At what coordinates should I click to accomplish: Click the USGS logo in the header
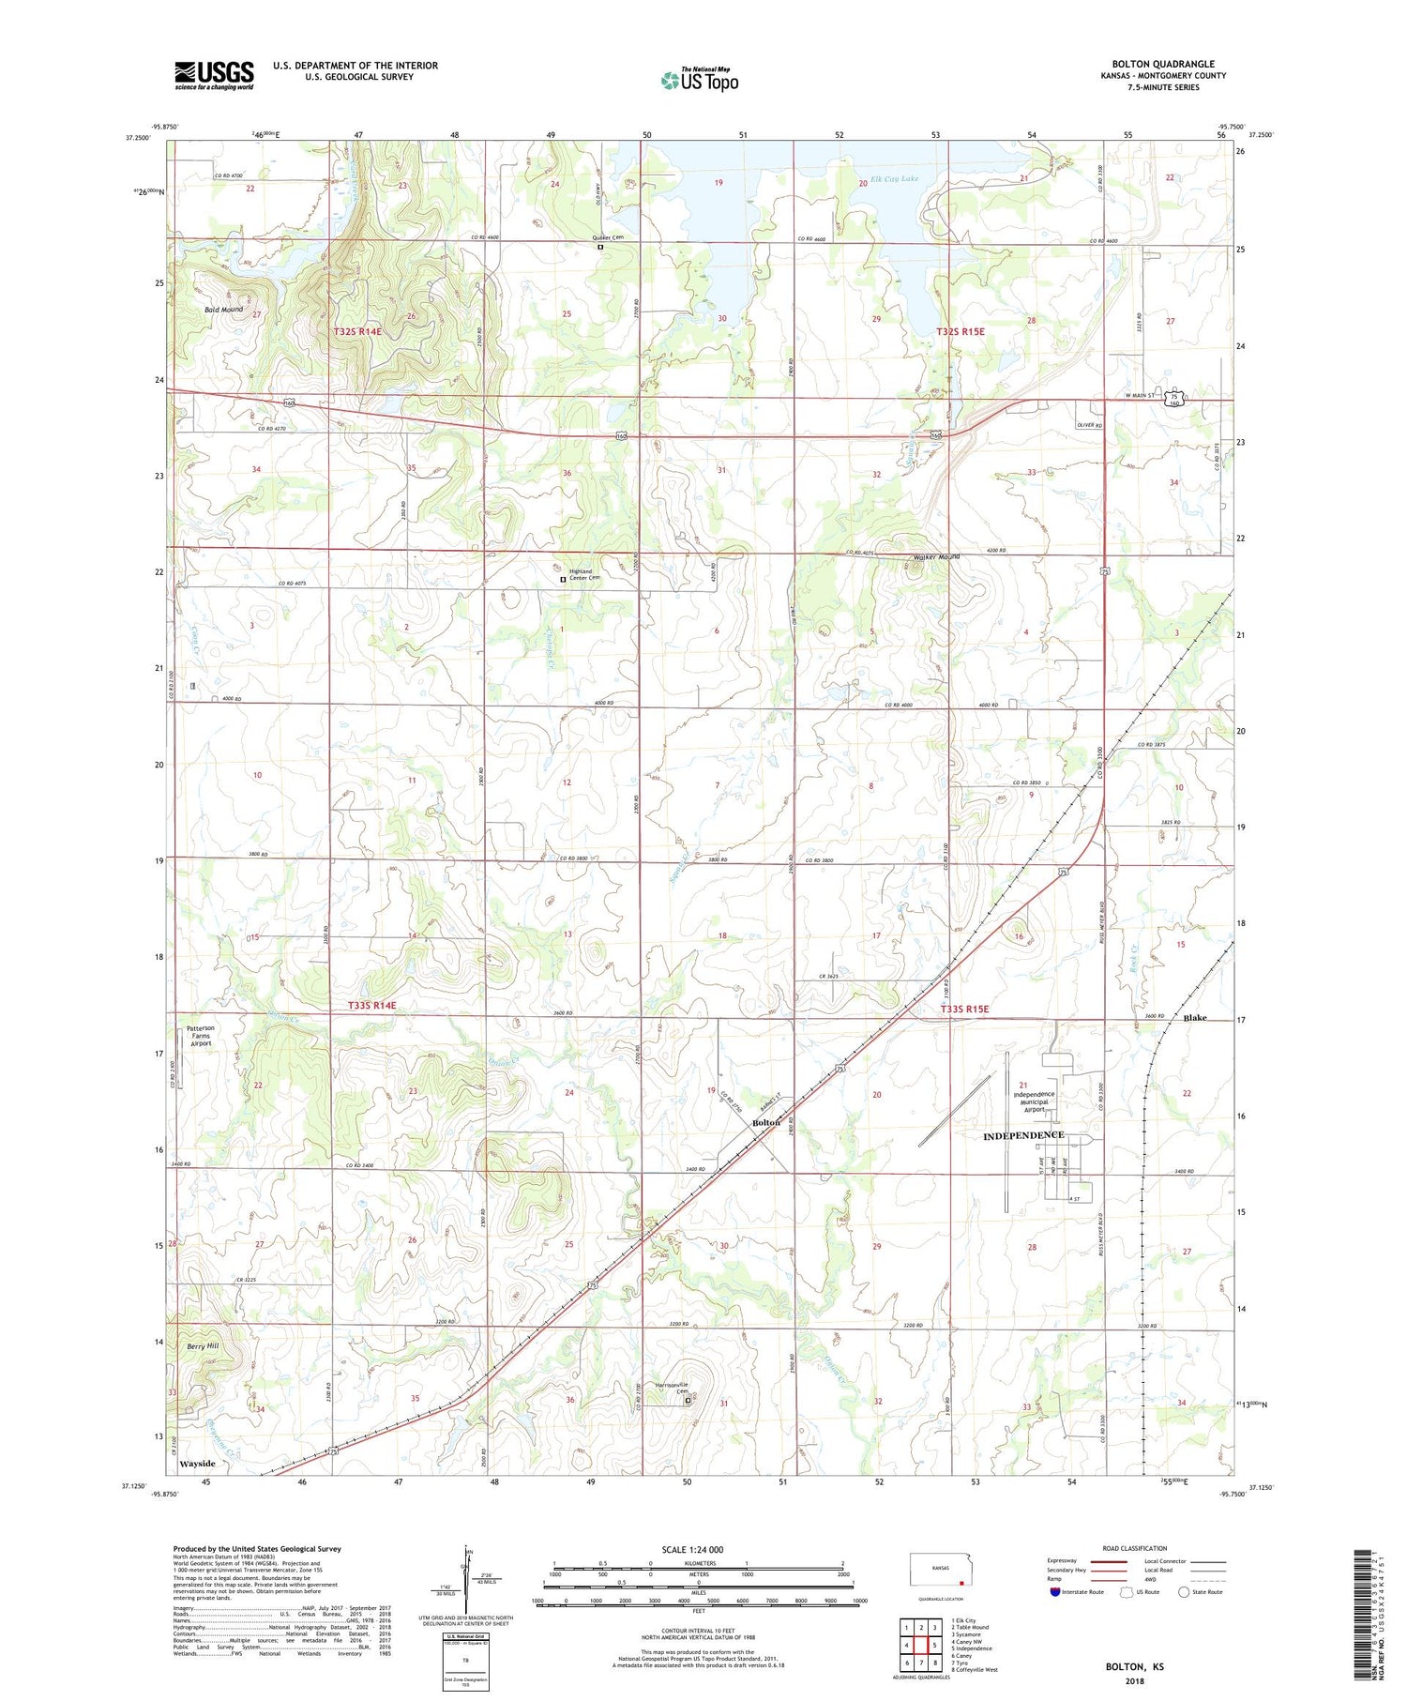tap(214, 75)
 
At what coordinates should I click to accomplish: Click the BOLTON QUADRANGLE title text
tap(1162, 65)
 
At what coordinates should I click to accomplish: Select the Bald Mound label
tap(224, 309)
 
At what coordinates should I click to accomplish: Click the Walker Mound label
tap(936, 557)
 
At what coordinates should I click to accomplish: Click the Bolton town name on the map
tap(766, 1122)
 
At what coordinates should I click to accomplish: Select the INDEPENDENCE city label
tap(1022, 1135)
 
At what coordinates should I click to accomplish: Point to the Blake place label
tap(1194, 1018)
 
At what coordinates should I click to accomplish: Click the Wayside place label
tap(197, 1464)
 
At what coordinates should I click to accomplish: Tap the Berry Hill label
tap(202, 1345)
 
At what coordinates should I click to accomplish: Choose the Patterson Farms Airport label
tap(200, 1035)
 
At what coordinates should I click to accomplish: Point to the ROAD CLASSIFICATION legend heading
tap(1134, 1548)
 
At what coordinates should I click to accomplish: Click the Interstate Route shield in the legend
tap(1055, 1591)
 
